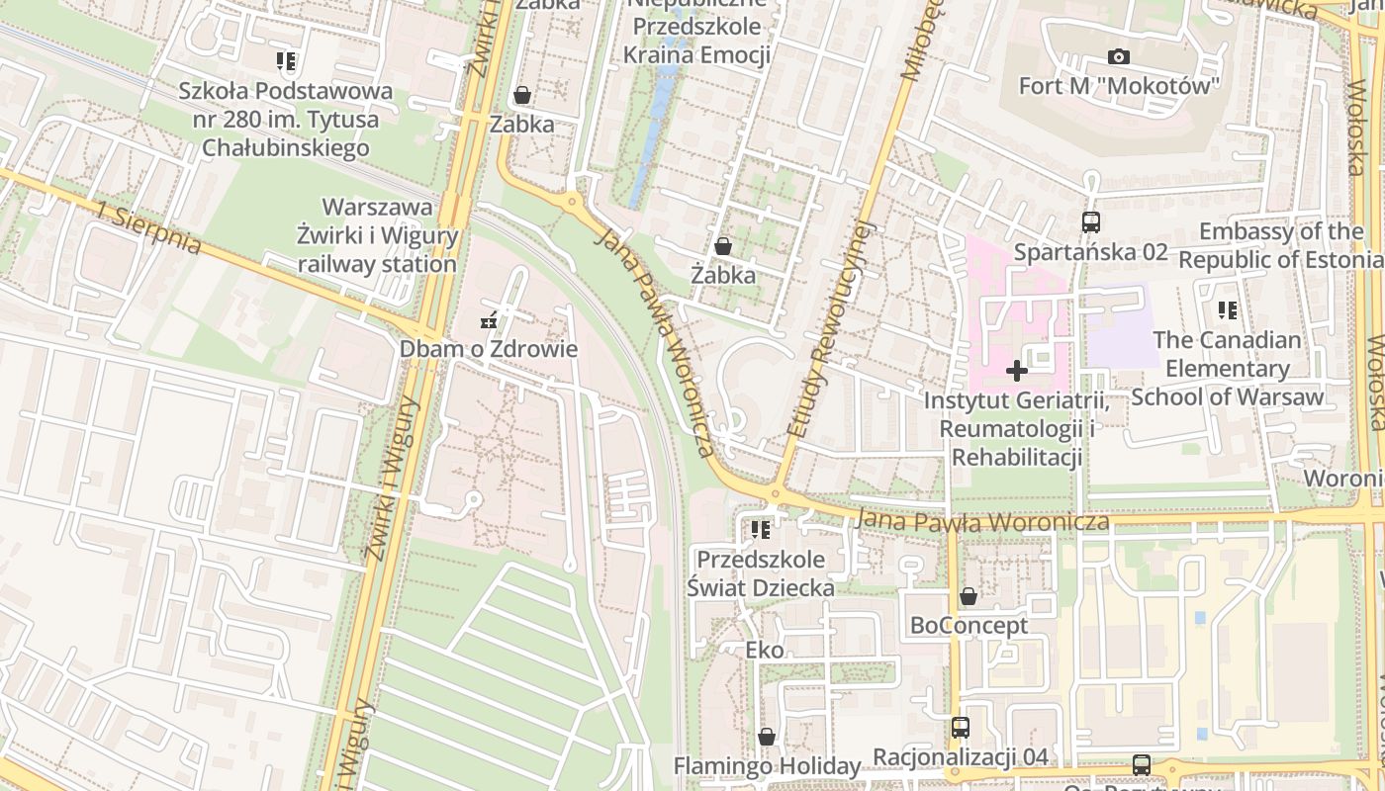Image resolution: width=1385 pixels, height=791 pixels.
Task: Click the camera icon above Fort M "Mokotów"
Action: pyautogui.click(x=1119, y=57)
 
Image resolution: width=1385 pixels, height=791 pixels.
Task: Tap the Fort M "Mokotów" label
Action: pyautogui.click(x=1119, y=86)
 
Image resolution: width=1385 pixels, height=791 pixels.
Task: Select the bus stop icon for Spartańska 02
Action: pyautogui.click(x=1091, y=222)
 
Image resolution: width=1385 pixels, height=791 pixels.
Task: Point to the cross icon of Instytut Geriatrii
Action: pyautogui.click(x=1016, y=371)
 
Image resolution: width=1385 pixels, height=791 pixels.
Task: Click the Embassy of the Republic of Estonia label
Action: pyautogui.click(x=1281, y=246)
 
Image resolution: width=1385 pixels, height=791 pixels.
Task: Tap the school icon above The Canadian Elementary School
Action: pyautogui.click(x=1228, y=310)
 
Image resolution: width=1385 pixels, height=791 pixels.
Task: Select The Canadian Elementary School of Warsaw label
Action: pyautogui.click(x=1228, y=368)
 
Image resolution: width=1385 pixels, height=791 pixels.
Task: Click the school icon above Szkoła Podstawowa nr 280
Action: pyautogui.click(x=286, y=62)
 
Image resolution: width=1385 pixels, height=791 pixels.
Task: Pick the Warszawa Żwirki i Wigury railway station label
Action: pyautogui.click(x=378, y=236)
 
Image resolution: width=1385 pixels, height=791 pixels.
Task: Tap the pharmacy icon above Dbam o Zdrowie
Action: pyautogui.click(x=488, y=320)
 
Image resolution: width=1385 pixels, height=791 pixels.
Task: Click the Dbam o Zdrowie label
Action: pyautogui.click(x=488, y=349)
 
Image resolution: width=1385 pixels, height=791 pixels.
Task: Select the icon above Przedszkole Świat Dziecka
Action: pyautogui.click(x=760, y=531)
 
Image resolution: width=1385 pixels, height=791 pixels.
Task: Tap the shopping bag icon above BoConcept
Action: pyautogui.click(x=969, y=597)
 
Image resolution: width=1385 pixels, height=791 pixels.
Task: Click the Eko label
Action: pyautogui.click(x=765, y=650)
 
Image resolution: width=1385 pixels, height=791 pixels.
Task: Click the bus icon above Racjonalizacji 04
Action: pyautogui.click(x=960, y=728)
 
